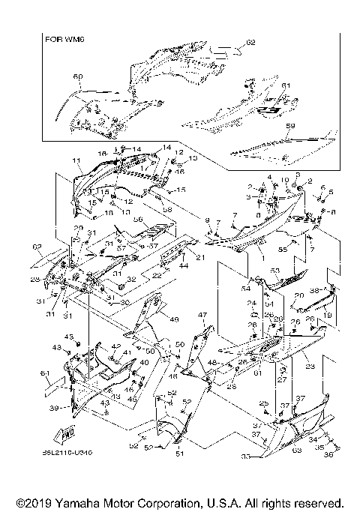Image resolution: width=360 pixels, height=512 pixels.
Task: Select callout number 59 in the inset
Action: click(x=291, y=126)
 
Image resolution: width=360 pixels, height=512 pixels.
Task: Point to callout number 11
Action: click(x=76, y=161)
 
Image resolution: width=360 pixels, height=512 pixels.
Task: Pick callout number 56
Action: click(x=138, y=220)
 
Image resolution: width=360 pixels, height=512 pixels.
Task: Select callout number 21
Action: click(x=200, y=257)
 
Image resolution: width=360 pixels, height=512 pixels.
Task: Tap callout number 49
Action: click(x=175, y=319)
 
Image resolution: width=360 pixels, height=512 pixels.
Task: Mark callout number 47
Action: click(x=202, y=315)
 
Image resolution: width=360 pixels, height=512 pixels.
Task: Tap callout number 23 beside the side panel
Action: click(x=309, y=367)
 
